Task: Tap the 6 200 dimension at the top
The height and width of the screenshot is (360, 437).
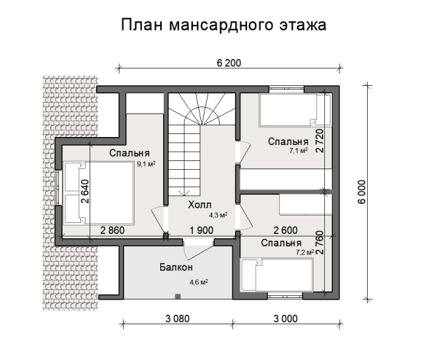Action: [x=229, y=62]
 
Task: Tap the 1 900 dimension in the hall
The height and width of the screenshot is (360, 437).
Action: [x=201, y=230]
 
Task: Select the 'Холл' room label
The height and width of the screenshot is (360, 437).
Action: [x=199, y=206]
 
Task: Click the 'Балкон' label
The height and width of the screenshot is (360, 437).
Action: [x=176, y=267]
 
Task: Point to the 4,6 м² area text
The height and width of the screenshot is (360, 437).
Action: [x=199, y=281]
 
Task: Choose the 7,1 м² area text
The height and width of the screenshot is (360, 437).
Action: [x=299, y=152]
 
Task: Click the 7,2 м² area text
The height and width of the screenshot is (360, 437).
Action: [x=304, y=251]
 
